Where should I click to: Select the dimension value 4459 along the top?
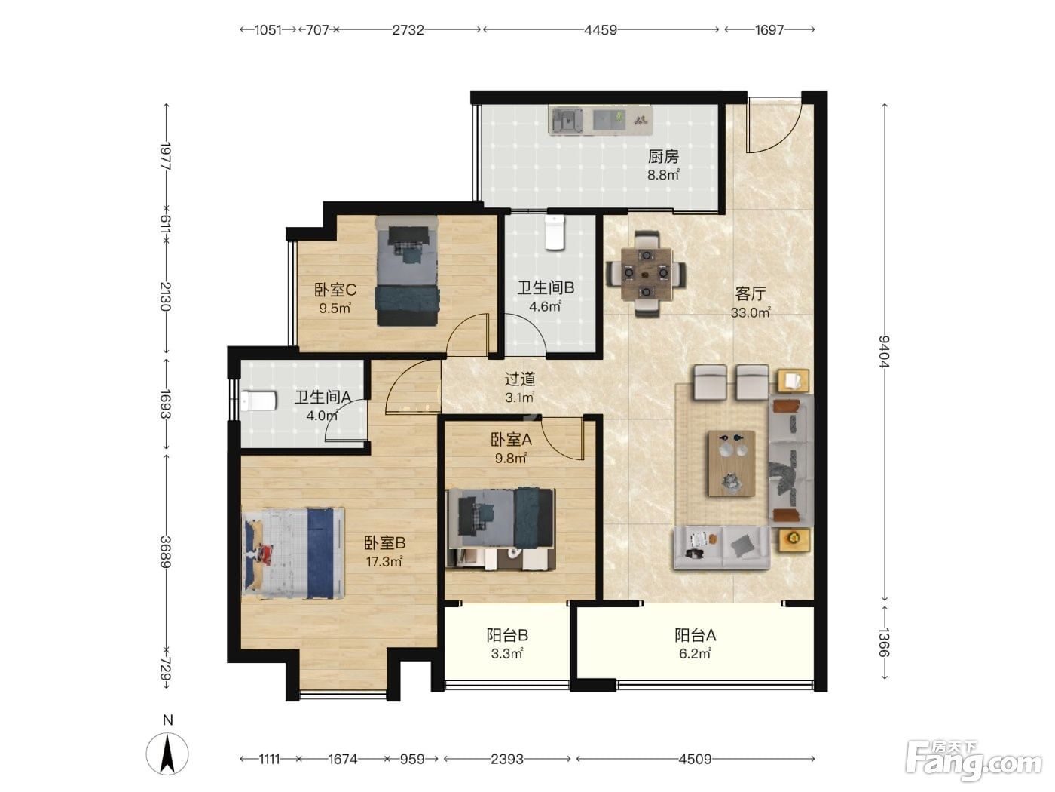point(601,30)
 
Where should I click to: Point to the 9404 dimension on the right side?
point(884,351)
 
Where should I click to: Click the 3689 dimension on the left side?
point(166,551)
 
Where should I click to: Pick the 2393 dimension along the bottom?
point(506,759)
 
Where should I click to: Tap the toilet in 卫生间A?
point(258,401)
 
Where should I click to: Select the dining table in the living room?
point(647,273)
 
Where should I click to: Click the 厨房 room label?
point(663,156)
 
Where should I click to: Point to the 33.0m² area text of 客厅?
point(751,312)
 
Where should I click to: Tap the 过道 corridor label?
point(519,379)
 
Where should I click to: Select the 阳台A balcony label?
point(695,635)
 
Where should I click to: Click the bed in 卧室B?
point(293,553)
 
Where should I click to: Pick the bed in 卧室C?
point(407,271)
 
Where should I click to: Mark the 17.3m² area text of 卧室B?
point(384,561)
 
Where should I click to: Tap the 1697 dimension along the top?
point(769,30)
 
